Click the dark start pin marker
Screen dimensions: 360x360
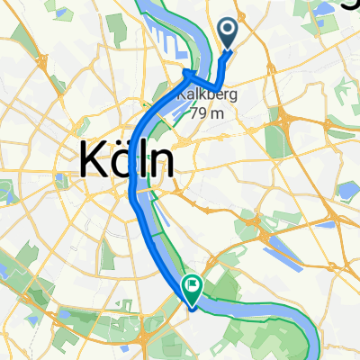coord(228,34)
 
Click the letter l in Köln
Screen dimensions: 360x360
coord(142,159)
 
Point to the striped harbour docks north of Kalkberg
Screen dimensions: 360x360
coord(166,40)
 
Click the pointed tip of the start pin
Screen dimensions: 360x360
coord(228,49)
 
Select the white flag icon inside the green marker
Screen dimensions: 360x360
coord(192,285)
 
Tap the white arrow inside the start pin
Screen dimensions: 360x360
coord(228,32)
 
